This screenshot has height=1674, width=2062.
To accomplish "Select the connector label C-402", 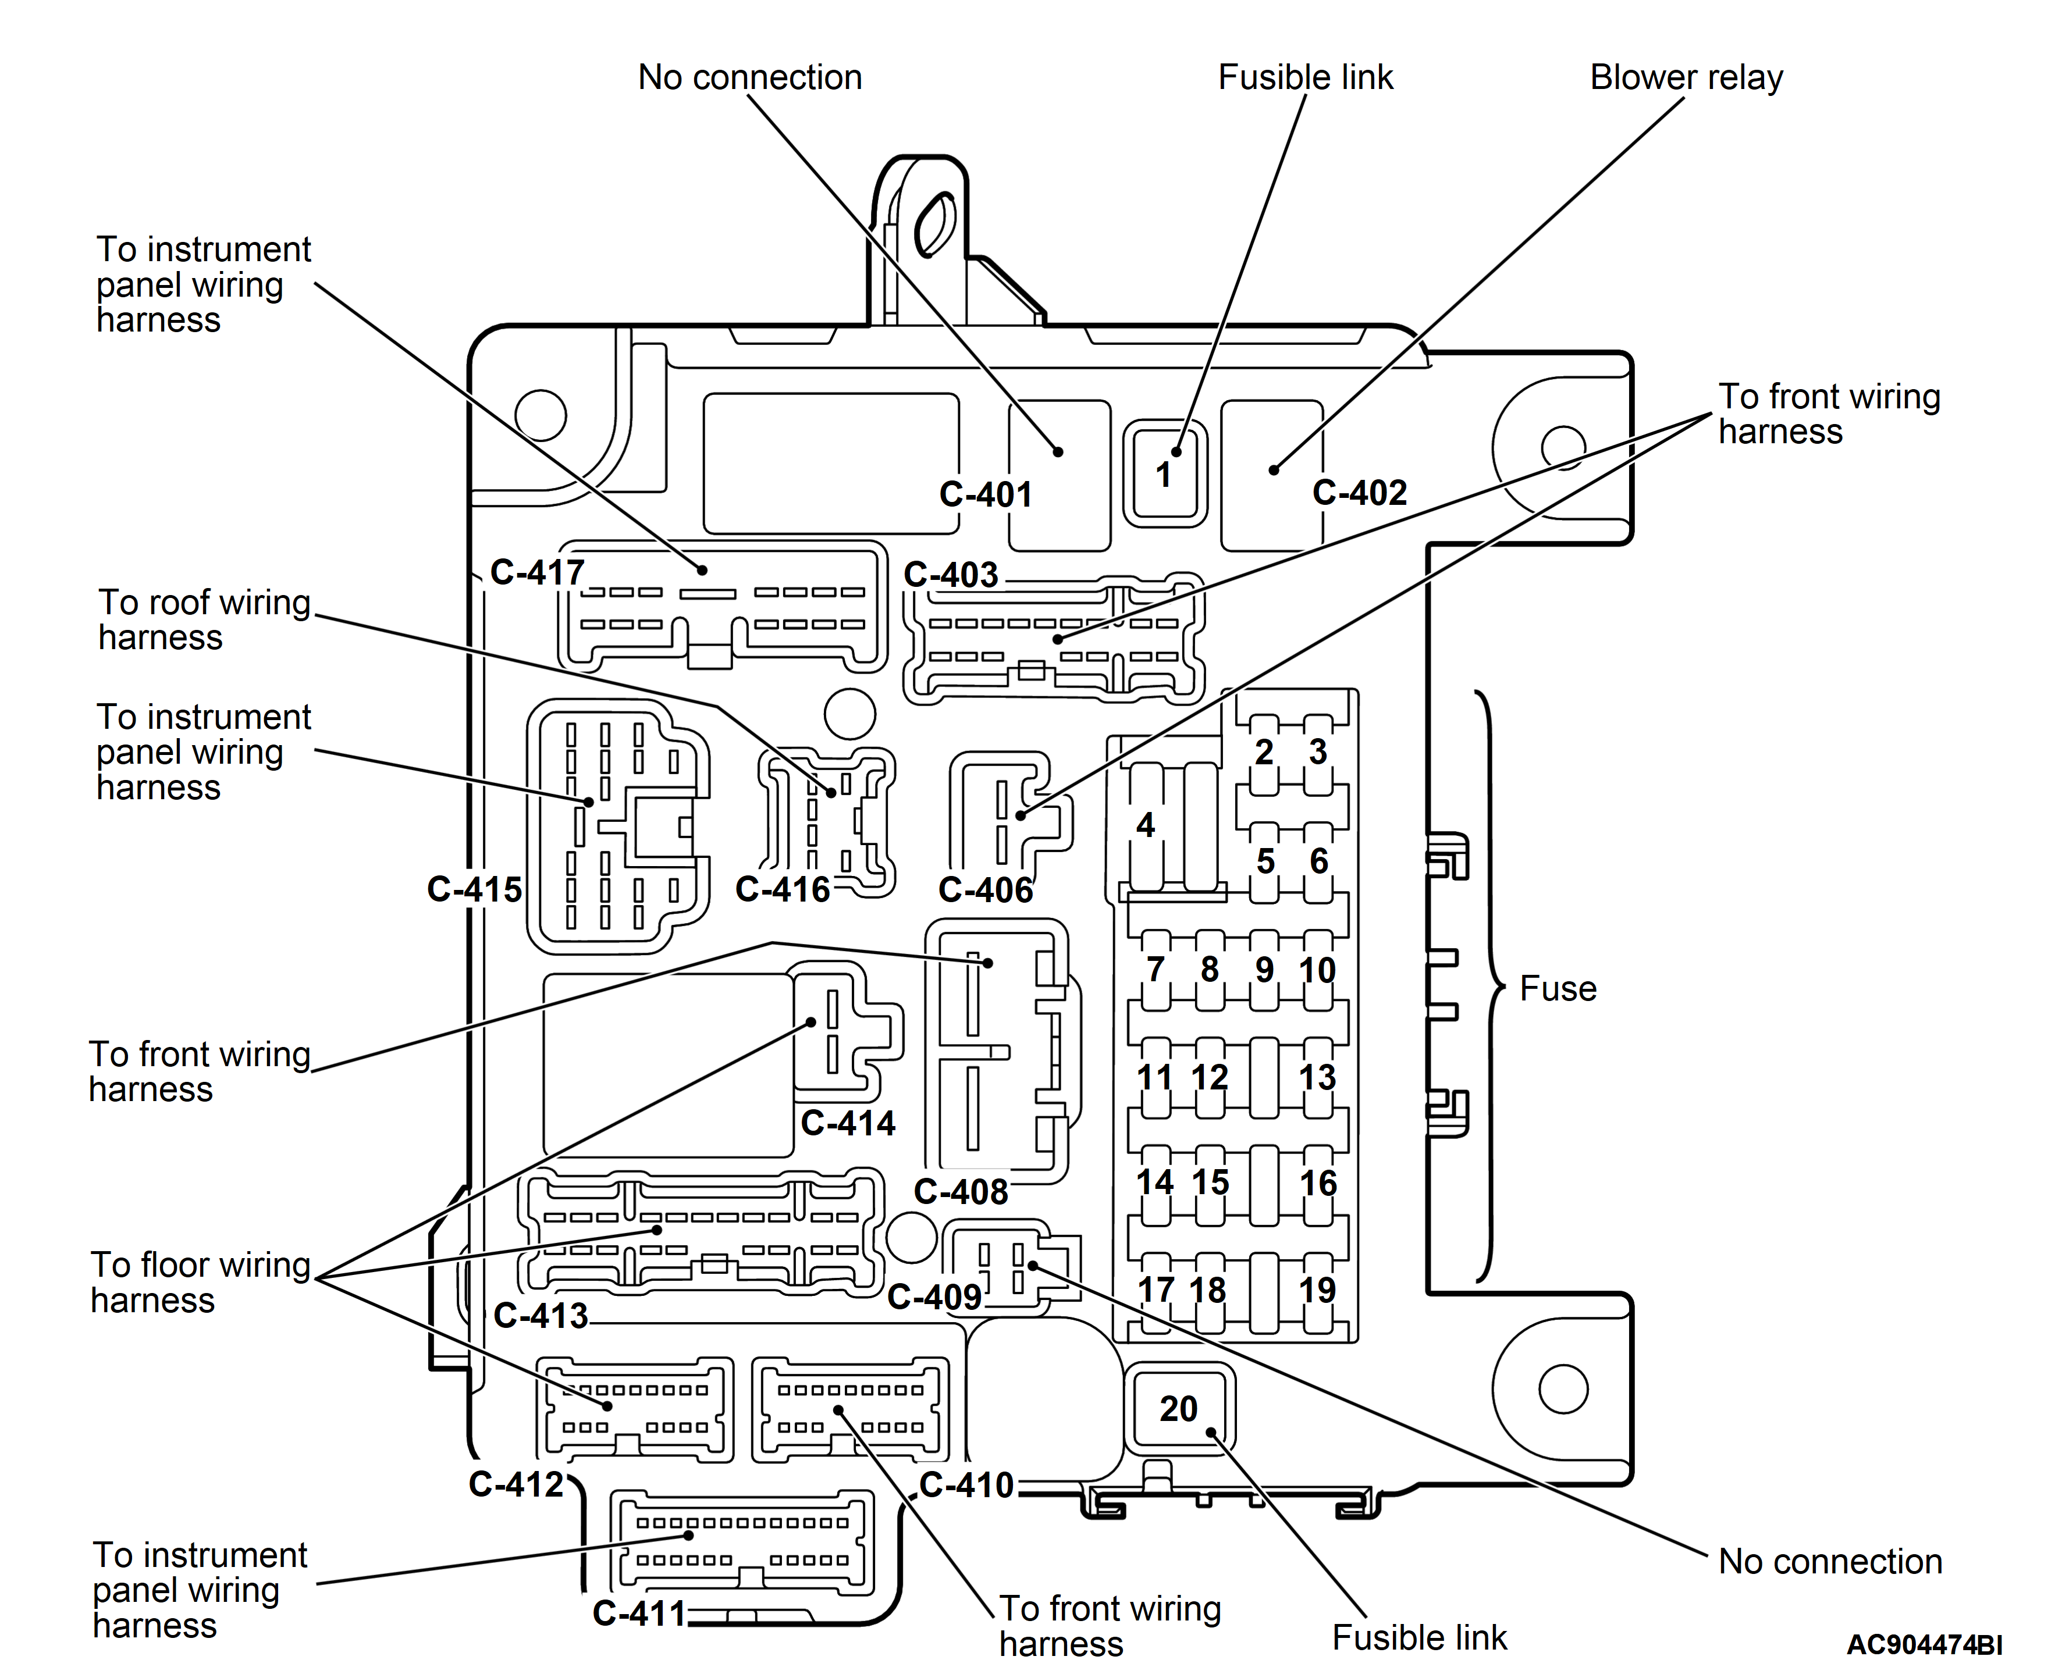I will pos(1359,493).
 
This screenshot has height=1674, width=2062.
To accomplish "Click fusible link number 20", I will pos(1178,1409).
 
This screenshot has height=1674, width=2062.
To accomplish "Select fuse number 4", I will pos(1145,824).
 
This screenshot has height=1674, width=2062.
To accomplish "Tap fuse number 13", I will pos(1317,1077).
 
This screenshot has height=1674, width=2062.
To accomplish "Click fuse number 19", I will pos(1317,1290).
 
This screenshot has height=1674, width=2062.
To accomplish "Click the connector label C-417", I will pos(537,573).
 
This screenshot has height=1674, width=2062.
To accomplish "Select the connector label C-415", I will pos(474,889).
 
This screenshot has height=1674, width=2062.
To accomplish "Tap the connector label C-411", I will pos(638,1614).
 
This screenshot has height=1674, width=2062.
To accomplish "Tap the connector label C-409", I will pos(934,1298).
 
